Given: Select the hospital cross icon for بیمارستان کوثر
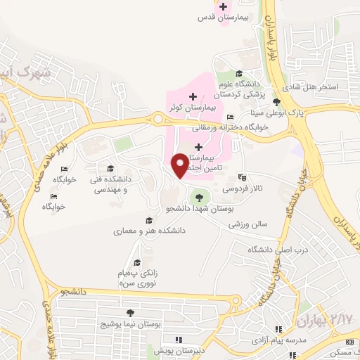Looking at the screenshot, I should [x=193, y=96].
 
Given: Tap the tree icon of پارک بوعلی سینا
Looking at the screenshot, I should [x=276, y=103].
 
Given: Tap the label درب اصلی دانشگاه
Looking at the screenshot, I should [x=269, y=250].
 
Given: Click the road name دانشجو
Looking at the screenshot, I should [x=73, y=290].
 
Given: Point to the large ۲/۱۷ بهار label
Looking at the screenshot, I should [x=323, y=320].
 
